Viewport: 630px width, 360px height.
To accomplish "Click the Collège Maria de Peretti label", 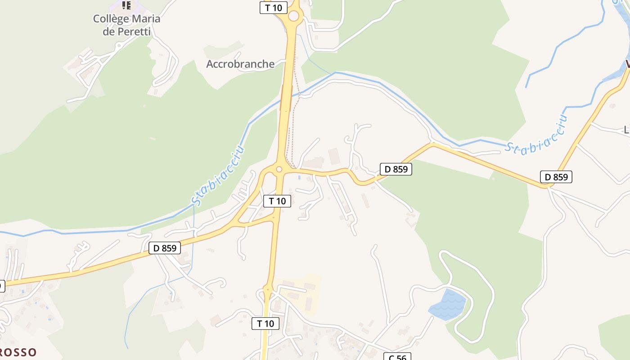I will point(126,25).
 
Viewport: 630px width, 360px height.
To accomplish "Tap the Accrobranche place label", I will point(240,64).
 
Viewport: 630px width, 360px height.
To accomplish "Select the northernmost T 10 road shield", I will point(274,8).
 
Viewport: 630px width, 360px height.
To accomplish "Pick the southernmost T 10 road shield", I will point(265,323).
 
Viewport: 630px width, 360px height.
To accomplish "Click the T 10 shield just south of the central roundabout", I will point(277,201).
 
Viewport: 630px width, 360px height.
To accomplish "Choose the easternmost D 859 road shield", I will point(556,177).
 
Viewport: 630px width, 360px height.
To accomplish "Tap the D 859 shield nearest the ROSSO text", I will point(165,248).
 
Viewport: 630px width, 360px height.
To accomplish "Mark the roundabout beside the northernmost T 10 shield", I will point(294,17).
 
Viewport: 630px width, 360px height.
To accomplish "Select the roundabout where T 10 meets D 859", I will point(279,169).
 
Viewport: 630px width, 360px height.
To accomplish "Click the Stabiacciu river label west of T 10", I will point(218,175).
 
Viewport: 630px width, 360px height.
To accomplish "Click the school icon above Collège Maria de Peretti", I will point(126,5).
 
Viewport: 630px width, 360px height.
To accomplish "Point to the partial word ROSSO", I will point(18,352).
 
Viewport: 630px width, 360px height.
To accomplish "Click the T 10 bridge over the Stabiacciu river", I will point(286,98).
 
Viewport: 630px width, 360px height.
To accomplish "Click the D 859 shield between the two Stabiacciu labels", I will point(396,169).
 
